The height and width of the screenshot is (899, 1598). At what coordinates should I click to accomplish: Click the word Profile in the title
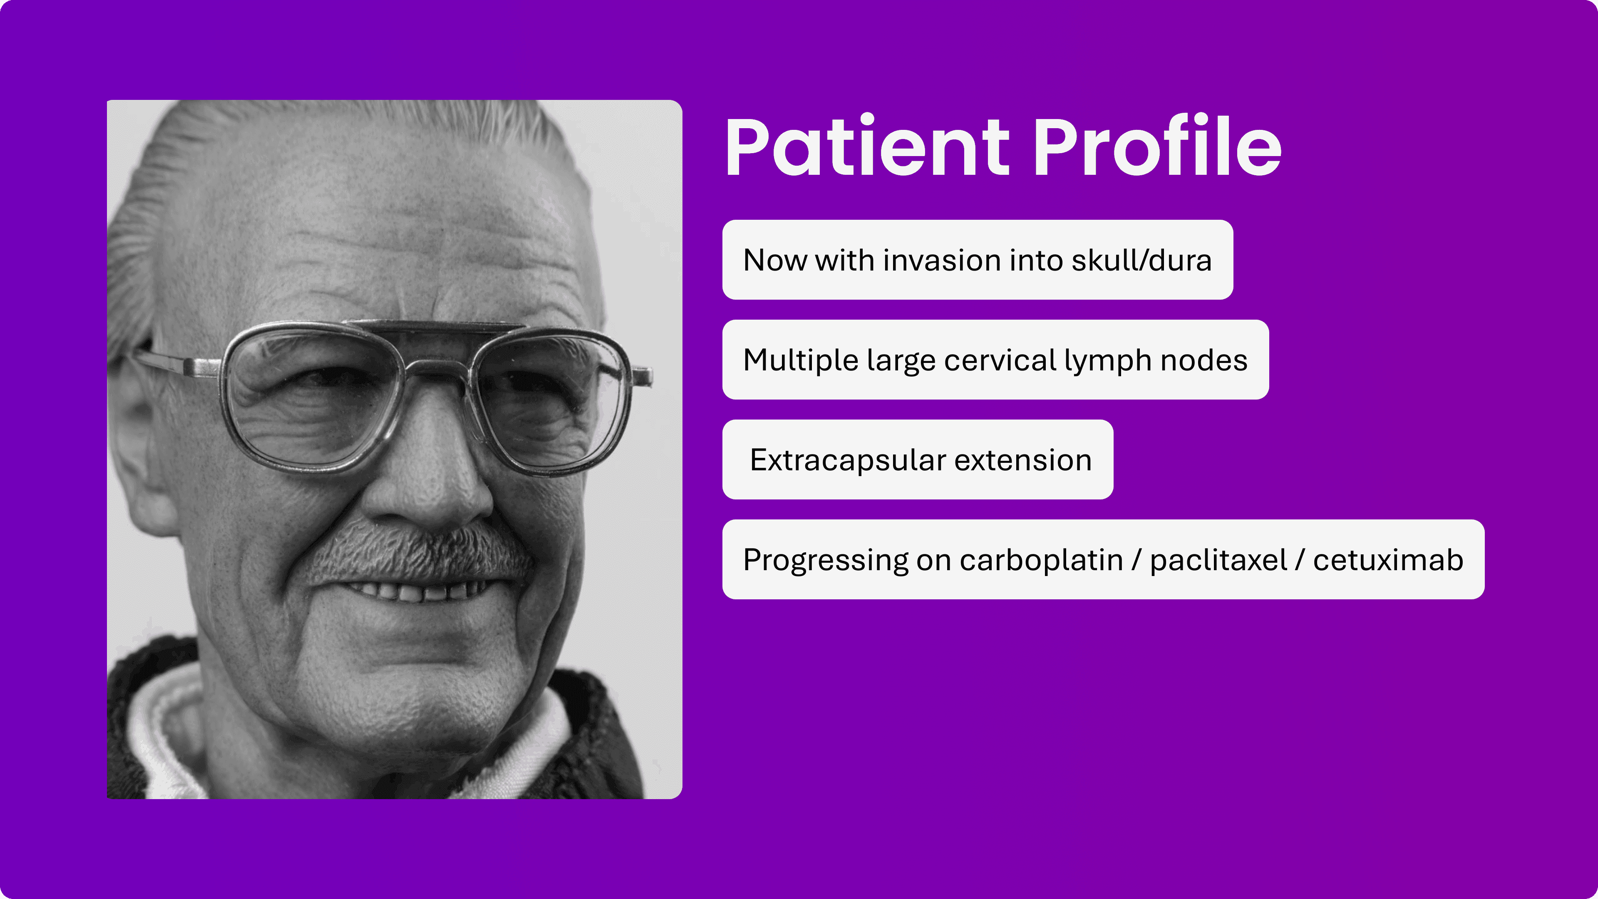pyautogui.click(x=1158, y=147)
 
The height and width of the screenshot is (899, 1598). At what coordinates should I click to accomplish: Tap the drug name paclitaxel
pyautogui.click(x=1218, y=560)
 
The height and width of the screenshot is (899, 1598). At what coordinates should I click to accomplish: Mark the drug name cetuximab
pyautogui.click(x=1388, y=560)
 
